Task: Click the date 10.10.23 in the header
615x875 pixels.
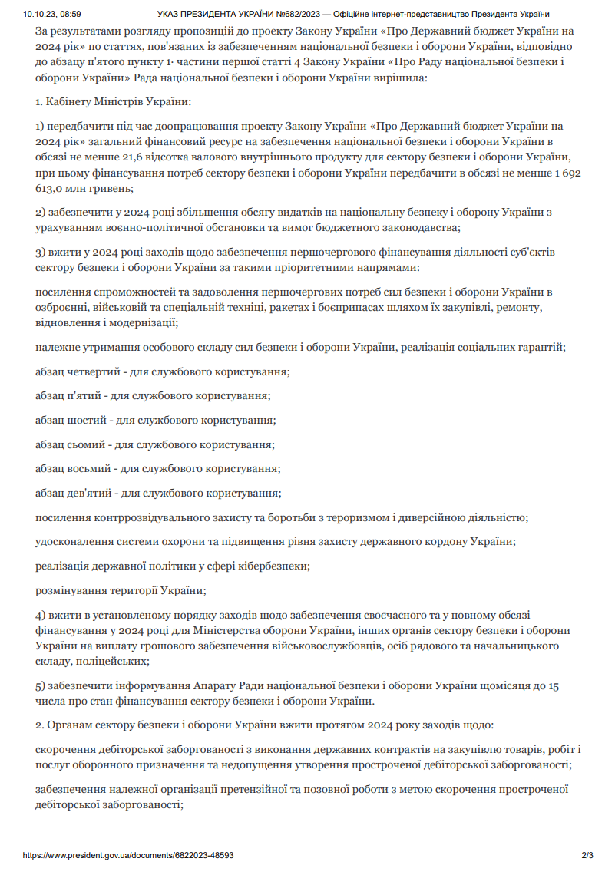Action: (35, 14)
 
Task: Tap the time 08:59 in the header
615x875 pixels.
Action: (69, 14)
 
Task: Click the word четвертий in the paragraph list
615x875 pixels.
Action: (92, 371)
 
